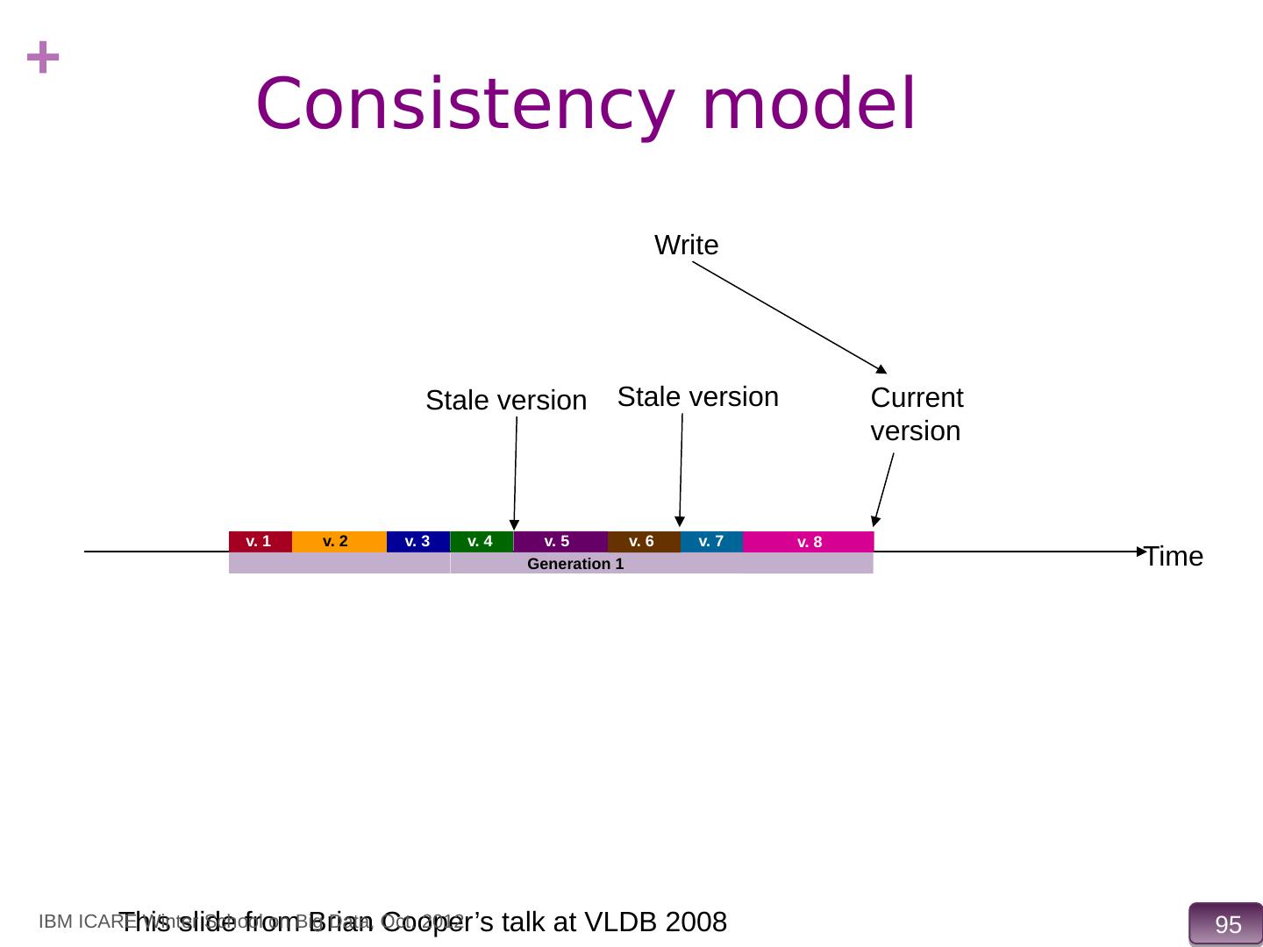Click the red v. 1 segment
click(x=260, y=542)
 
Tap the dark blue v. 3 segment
click(x=417, y=542)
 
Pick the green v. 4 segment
click(x=482, y=542)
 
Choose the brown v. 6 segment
click(x=643, y=542)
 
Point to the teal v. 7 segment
click(x=711, y=542)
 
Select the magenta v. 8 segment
click(x=809, y=542)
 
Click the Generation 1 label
click(x=575, y=564)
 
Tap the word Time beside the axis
click(x=1174, y=557)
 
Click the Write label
click(x=687, y=246)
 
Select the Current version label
click(x=917, y=414)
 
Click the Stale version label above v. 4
click(x=506, y=401)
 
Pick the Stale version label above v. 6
click(x=698, y=397)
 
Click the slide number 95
click(x=1228, y=924)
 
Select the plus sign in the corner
click(x=43, y=60)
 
